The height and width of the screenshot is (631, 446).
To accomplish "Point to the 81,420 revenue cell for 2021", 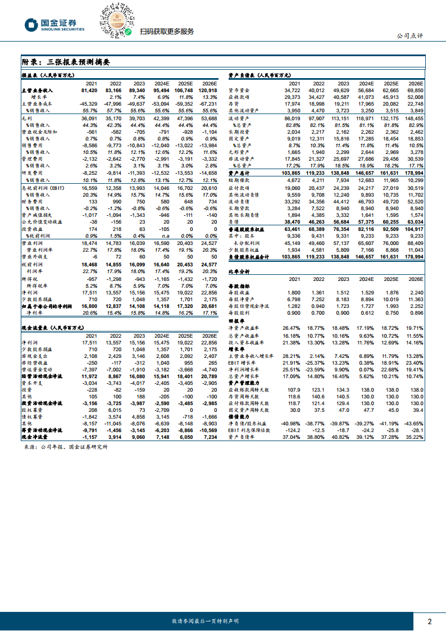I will [x=90, y=90].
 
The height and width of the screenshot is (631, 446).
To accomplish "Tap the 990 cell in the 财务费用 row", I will [x=115, y=201].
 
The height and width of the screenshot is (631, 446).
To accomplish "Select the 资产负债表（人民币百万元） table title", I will [x=260, y=75].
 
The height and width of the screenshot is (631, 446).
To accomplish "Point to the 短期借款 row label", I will [x=240, y=180].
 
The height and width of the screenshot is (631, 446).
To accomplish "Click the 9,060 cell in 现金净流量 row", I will [x=137, y=436].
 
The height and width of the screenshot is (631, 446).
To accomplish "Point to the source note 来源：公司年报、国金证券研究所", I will [x=66, y=447].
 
